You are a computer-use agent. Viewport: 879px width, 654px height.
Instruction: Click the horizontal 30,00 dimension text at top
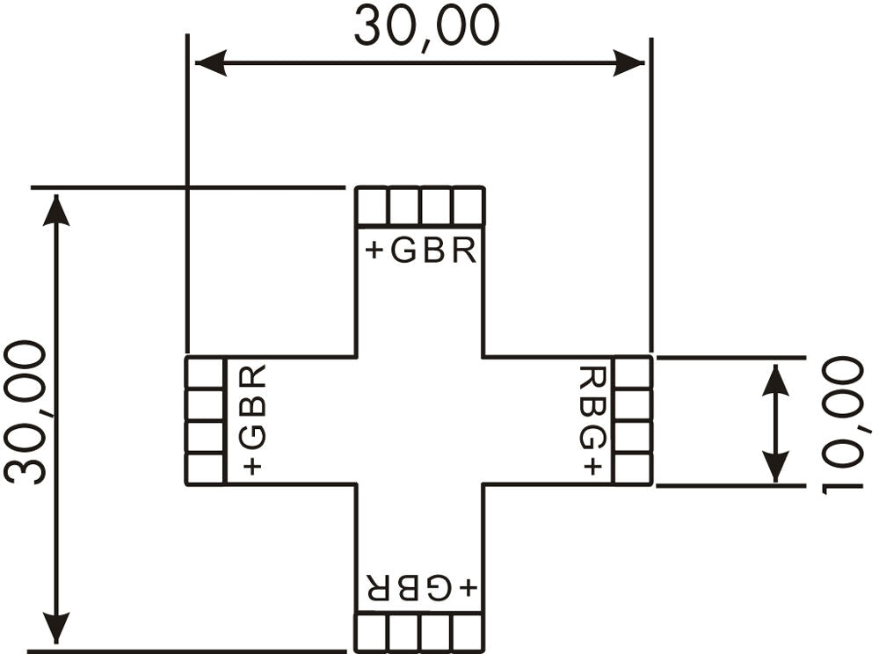[426, 28]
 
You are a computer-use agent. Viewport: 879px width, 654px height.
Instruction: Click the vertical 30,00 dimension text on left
[25, 412]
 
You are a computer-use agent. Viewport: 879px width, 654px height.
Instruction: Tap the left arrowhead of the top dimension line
[211, 62]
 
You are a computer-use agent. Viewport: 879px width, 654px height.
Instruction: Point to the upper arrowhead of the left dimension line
[56, 210]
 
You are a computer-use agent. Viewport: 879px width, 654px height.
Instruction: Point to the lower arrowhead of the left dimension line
[56, 627]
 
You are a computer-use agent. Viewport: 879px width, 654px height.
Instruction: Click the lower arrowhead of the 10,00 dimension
[775, 466]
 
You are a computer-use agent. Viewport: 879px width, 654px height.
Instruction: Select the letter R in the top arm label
[464, 251]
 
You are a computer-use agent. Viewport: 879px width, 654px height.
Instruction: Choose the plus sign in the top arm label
[374, 251]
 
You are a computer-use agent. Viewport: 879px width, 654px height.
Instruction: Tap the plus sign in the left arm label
[252, 466]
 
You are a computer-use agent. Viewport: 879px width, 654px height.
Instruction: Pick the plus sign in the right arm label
[592, 466]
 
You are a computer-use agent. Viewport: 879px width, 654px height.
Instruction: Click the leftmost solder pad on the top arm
[372, 207]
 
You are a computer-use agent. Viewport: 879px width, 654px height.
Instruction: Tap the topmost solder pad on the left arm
[205, 373]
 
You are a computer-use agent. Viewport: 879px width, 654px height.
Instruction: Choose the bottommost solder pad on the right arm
[633, 469]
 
